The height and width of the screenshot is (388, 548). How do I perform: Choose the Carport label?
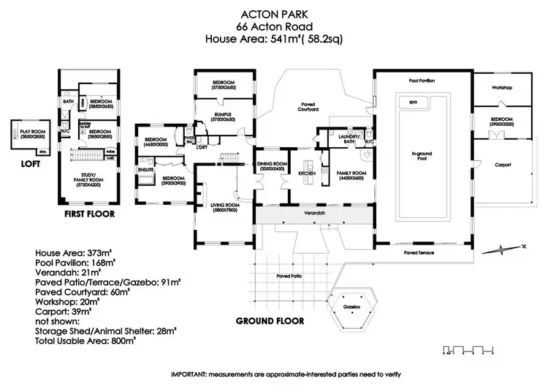click(501, 165)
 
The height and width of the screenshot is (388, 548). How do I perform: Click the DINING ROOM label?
click(273, 166)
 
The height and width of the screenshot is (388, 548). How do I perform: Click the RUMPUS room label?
click(223, 115)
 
